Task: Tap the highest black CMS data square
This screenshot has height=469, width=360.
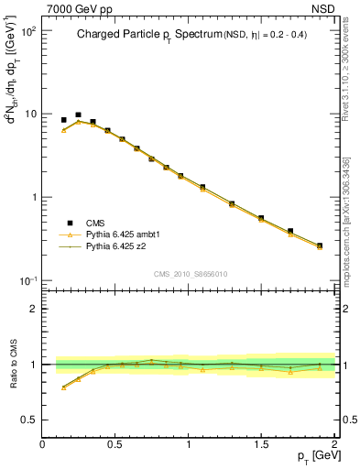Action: [78, 115]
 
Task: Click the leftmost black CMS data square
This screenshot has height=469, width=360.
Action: [63, 120]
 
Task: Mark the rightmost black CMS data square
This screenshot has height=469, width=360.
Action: [319, 245]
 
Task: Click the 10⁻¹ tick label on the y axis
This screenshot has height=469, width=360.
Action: [27, 280]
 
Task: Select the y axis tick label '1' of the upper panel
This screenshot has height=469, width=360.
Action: [32, 198]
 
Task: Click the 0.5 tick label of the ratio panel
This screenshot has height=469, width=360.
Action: [28, 420]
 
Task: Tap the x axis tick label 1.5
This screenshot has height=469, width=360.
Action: [261, 444]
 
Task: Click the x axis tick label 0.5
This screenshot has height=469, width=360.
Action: [115, 444]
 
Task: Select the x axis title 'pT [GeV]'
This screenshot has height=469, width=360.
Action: [317, 456]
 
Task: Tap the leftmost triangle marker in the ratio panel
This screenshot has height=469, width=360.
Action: [63, 387]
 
